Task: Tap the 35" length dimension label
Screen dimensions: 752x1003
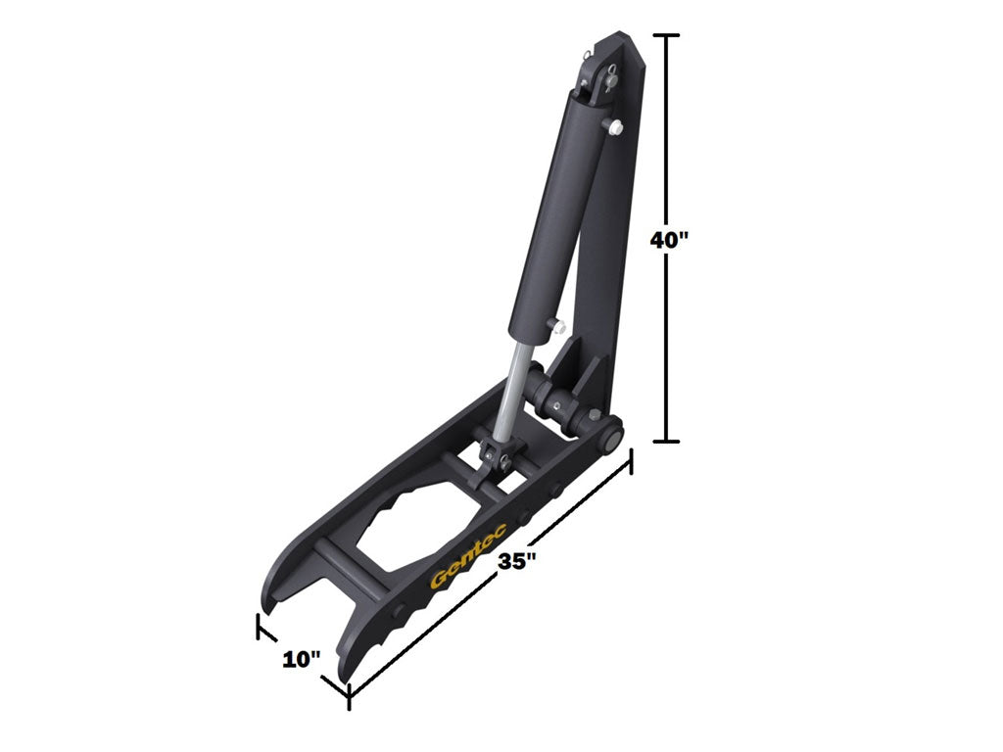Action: pyautogui.click(x=516, y=562)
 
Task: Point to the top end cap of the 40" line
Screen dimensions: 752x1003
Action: pyautogui.click(x=667, y=35)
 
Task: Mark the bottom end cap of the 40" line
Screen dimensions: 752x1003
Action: pyautogui.click(x=667, y=442)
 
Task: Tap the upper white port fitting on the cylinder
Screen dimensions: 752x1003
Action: pyautogui.click(x=613, y=126)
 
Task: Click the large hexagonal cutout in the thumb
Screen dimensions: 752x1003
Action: pyautogui.click(x=428, y=524)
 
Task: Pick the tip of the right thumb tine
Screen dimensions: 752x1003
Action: pyautogui.click(x=343, y=676)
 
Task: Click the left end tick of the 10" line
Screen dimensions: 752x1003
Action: pyautogui.click(x=260, y=627)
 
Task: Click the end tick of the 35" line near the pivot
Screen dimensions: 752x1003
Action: pyautogui.click(x=629, y=460)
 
